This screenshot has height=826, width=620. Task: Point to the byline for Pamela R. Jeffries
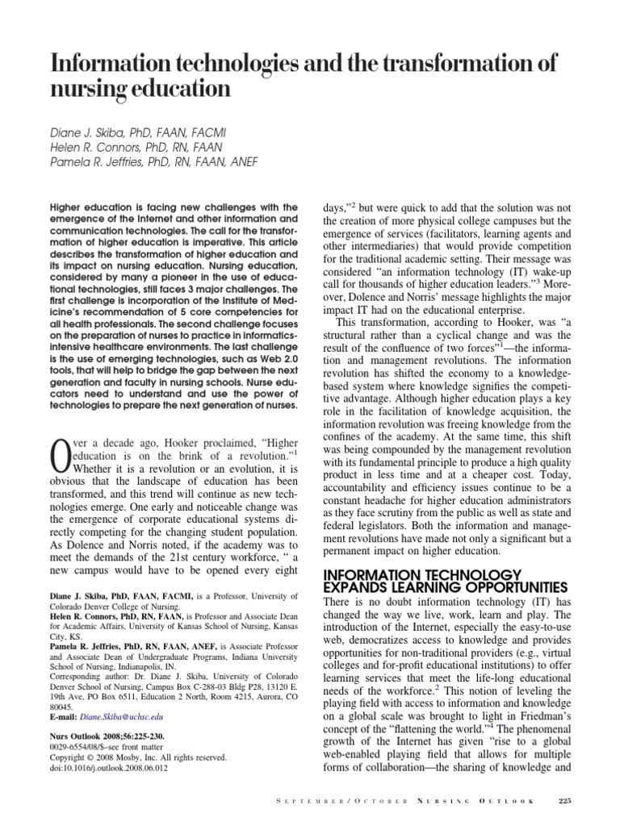147,161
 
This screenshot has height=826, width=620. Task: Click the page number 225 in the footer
564,800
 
